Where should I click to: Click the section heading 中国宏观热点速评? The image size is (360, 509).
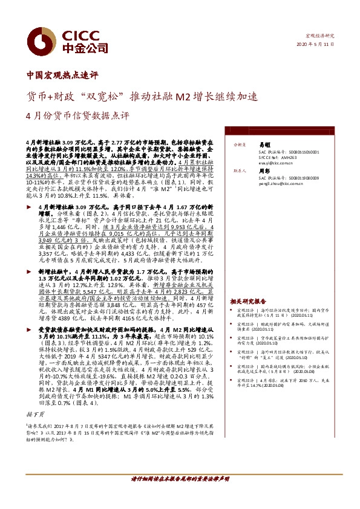point(62,76)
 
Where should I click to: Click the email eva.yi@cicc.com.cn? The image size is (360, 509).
point(276,163)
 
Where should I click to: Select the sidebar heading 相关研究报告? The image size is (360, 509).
point(248,300)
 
